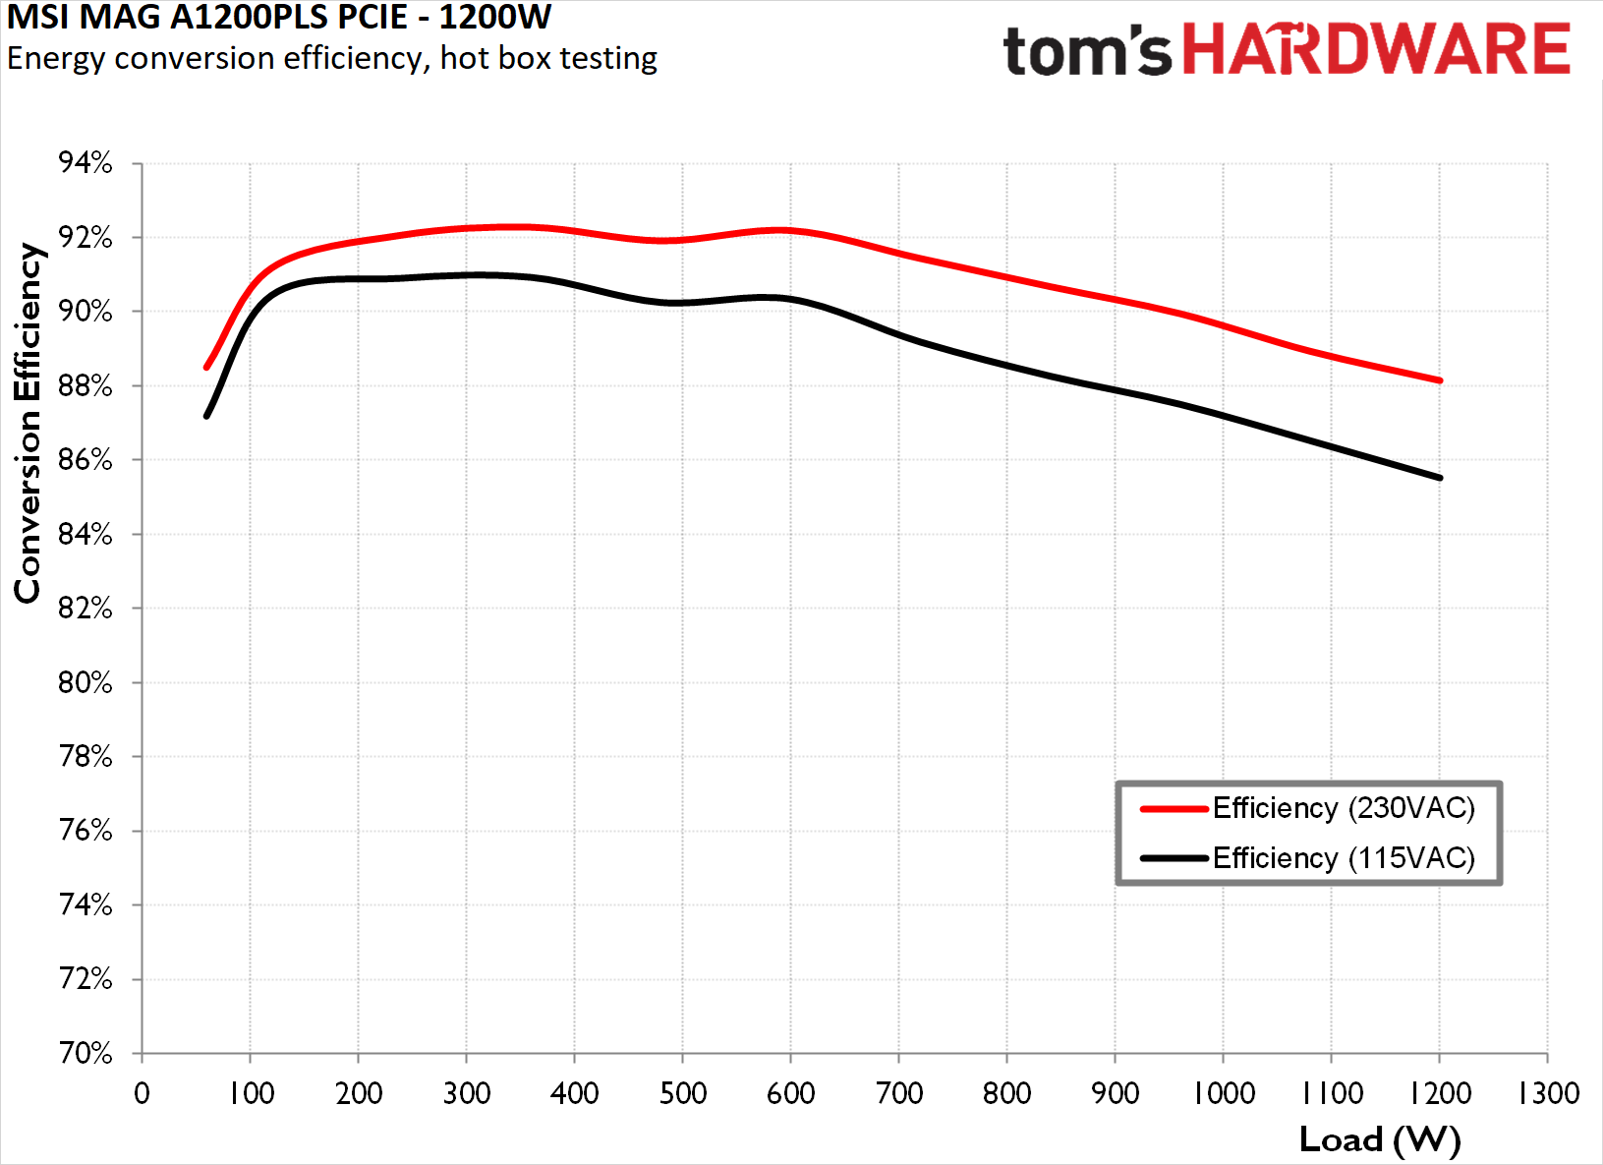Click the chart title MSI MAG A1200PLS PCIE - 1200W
pos(279,17)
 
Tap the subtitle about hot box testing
pos(331,58)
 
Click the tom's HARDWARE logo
pos(1286,50)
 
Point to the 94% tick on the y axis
pos(86,163)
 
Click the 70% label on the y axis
pos(86,1054)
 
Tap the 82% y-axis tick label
pos(86,609)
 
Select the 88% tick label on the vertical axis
pos(86,386)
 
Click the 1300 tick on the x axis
pos(1548,1093)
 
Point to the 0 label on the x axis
pos(143,1093)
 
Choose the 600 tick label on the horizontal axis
pos(791,1093)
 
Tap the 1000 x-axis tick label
pos(1224,1093)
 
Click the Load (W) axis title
pos(1379,1139)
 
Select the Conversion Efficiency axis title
pos(28,423)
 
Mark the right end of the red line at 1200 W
pos(1439,380)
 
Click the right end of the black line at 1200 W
pos(1439,478)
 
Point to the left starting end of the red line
pos(207,367)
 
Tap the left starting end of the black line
pos(207,416)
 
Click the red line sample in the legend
pos(1174,809)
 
